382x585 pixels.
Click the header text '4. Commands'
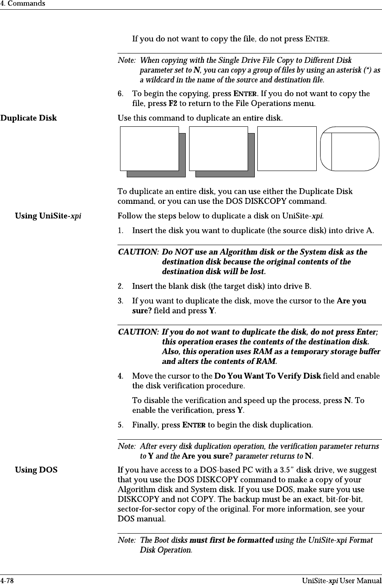[x=23, y=4]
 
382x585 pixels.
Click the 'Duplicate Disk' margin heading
[x=29, y=118]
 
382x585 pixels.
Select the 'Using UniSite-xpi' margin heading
[x=48, y=216]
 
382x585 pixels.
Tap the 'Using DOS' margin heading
[x=36, y=470]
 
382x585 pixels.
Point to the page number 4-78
[x=7, y=581]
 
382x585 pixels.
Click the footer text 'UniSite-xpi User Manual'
[x=342, y=581]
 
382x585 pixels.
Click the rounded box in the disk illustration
[x=350, y=149]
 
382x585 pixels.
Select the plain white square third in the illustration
[x=286, y=149]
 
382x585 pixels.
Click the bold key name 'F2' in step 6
[x=172, y=103]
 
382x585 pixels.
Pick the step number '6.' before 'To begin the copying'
[x=120, y=93]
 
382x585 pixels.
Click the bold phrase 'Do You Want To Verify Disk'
[x=267, y=376]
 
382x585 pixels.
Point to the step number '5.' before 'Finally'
[x=120, y=425]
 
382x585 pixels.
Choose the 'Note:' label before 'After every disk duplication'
[x=127, y=446]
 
